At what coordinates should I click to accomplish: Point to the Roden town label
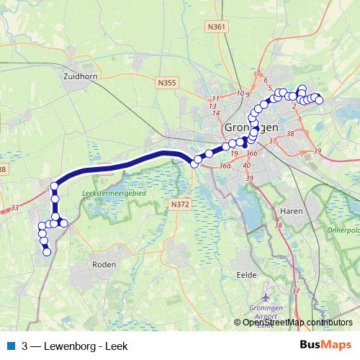104,264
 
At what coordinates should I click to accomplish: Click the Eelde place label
247,274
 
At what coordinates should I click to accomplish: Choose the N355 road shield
166,83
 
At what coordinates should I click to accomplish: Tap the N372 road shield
179,205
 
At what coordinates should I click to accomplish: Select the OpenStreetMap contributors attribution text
297,322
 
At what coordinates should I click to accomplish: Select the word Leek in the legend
116,346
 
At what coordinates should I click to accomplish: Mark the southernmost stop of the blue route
47,252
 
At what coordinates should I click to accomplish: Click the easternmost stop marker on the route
319,100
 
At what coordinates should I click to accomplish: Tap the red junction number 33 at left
15,209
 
